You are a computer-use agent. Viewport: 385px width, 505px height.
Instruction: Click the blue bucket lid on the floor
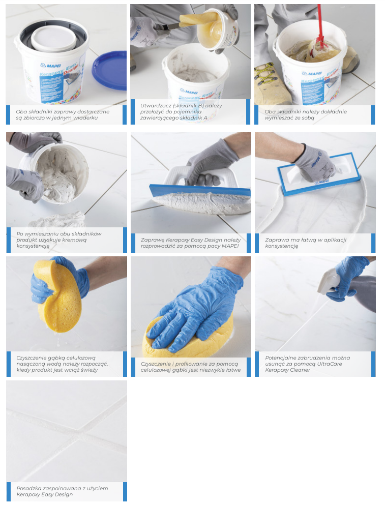click(109, 70)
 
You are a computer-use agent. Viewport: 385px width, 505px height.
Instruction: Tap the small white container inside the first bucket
click(53, 39)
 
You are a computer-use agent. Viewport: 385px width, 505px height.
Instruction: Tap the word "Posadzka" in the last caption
click(29, 489)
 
